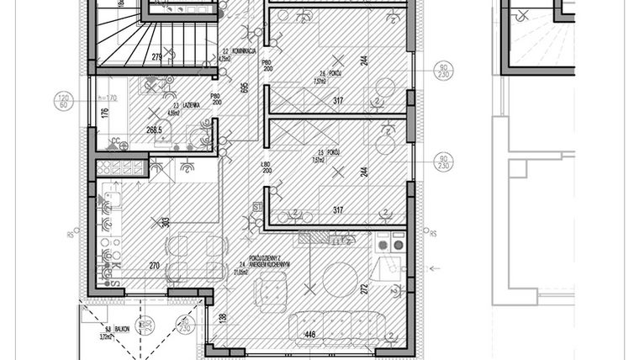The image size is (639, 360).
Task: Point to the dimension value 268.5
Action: click(x=154, y=131)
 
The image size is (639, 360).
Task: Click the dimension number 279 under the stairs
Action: click(x=156, y=57)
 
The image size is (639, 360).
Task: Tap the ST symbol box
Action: click(x=258, y=204)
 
